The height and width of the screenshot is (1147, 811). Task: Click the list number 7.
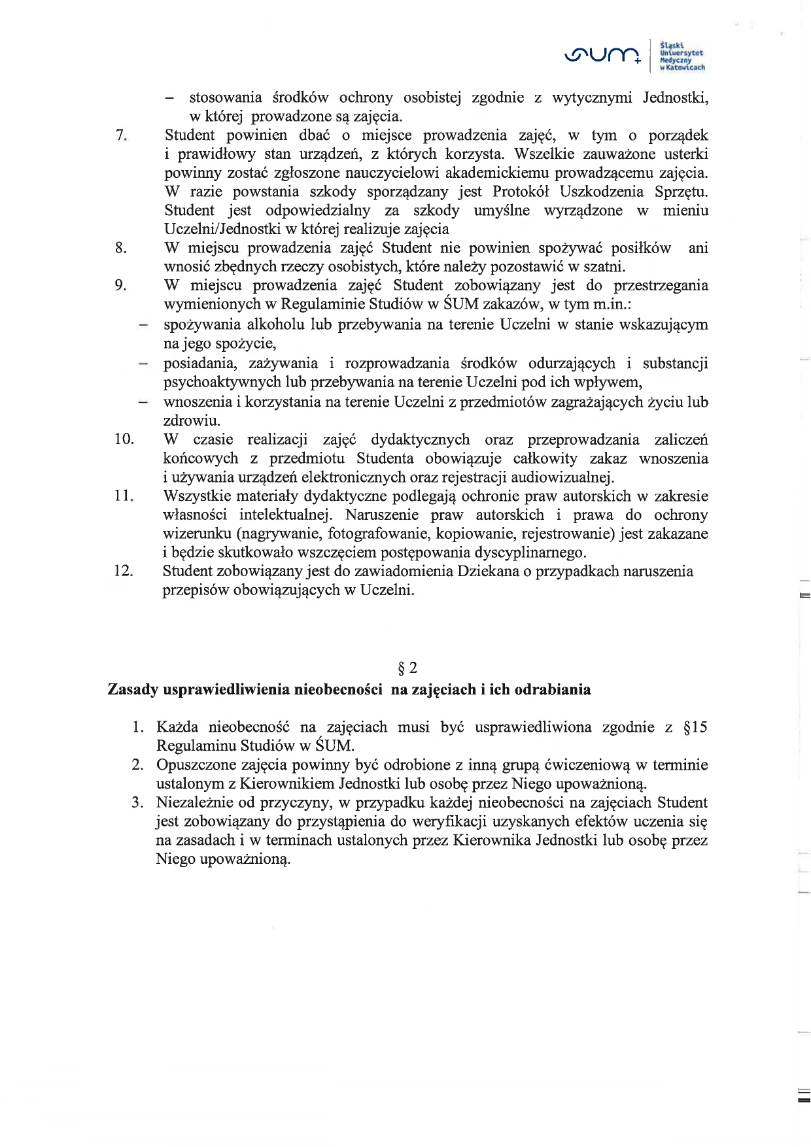click(x=120, y=135)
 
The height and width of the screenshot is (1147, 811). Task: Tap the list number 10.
click(x=124, y=439)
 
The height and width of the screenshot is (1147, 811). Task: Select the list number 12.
click(x=124, y=570)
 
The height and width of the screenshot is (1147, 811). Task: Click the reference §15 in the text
click(x=695, y=727)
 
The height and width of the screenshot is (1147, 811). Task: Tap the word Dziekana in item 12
click(x=487, y=571)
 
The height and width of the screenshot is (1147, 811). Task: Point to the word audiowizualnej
click(x=562, y=477)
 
